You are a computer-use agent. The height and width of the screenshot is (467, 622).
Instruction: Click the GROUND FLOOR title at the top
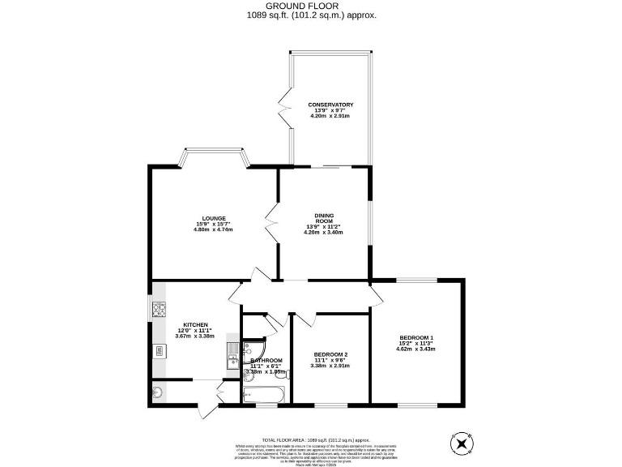pyautogui.click(x=310, y=6)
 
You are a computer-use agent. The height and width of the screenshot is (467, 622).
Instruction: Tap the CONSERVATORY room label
pyautogui.click(x=330, y=105)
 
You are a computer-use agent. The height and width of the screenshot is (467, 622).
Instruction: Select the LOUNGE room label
pyautogui.click(x=214, y=218)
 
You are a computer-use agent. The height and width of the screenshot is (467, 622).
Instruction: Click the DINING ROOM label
pyautogui.click(x=323, y=218)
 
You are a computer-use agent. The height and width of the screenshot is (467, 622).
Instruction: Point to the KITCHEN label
pyautogui.click(x=195, y=325)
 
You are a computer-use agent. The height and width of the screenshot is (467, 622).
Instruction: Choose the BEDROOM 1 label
pyautogui.click(x=416, y=337)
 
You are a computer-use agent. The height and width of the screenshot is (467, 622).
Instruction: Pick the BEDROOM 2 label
pyautogui.click(x=330, y=354)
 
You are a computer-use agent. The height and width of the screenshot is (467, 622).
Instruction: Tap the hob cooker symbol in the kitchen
pyautogui.click(x=159, y=309)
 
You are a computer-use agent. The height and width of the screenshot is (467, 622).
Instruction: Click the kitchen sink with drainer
pyautogui.click(x=232, y=354)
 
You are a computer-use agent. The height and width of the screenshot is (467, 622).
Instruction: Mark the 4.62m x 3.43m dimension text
pyautogui.click(x=416, y=349)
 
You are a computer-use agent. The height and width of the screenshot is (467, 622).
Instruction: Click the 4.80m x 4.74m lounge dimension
pyautogui.click(x=213, y=229)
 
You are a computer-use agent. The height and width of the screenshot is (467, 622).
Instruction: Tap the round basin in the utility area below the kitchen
pyautogui.click(x=157, y=394)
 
